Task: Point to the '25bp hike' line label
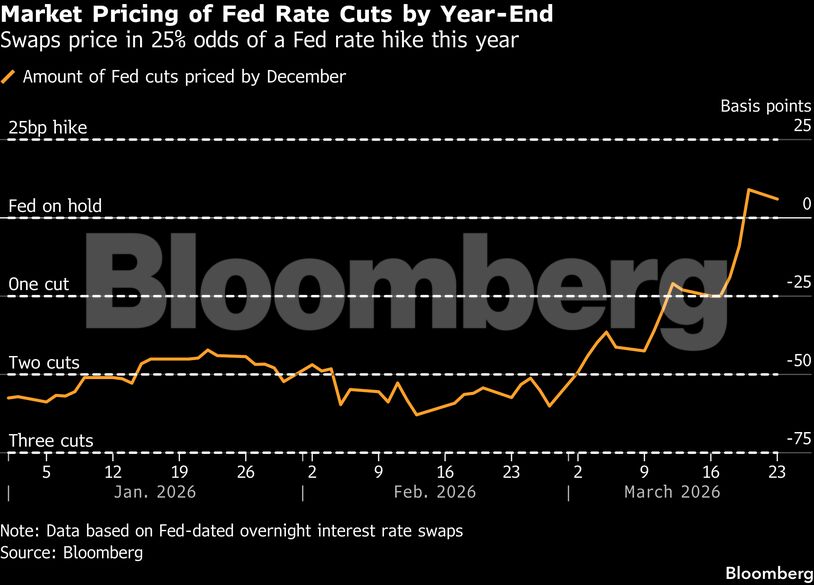coord(48,127)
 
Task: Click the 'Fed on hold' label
coord(55,206)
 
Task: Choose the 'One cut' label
coord(39,284)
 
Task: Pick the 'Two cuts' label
coord(44,362)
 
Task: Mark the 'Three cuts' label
coord(51,440)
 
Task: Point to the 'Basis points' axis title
coord(766,105)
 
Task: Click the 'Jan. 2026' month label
coord(154,492)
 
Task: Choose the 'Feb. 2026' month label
coord(434,492)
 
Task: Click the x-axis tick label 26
coord(245,471)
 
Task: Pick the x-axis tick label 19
coord(179,471)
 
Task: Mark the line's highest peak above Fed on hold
coord(748,189)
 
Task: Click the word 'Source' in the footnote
coord(27,551)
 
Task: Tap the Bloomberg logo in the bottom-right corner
coord(768,573)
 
